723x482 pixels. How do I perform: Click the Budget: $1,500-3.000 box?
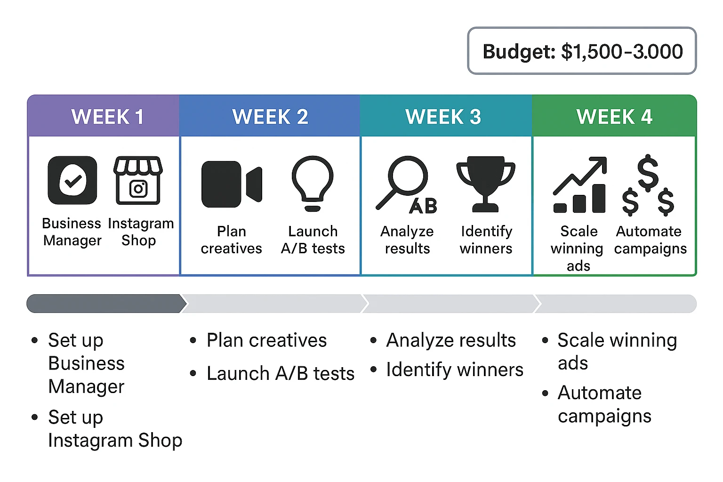[582, 51]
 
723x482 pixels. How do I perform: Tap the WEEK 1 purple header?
[107, 116]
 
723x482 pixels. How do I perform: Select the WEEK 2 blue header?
[270, 116]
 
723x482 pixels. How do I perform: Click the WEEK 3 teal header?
[443, 116]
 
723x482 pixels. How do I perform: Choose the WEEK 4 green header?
[614, 116]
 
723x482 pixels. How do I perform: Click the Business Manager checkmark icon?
[72, 180]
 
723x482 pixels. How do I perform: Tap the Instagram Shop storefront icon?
[138, 180]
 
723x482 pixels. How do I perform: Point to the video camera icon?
[231, 184]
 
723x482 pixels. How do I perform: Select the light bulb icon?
[313, 183]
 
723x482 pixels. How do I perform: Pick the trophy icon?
[486, 184]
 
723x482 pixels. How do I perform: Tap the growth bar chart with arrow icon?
[579, 185]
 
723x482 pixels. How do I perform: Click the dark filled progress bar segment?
[106, 304]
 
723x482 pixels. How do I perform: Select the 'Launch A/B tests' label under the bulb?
[313, 240]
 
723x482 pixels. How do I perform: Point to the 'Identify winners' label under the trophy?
[486, 240]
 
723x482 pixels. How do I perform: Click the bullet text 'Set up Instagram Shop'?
[115, 429]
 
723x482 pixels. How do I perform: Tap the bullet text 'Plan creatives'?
[266, 340]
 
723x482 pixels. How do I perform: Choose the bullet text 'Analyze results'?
[451, 340]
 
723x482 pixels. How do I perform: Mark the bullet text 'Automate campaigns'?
[604, 404]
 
